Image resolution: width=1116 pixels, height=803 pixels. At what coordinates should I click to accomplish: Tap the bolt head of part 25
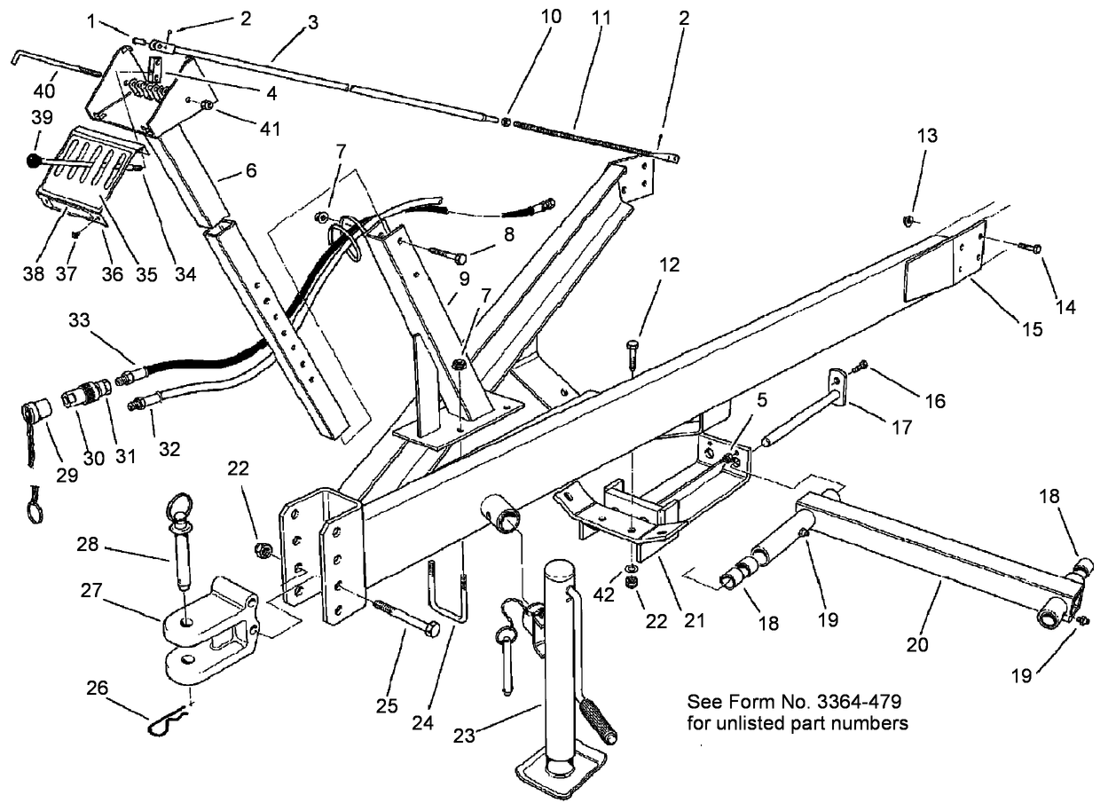coord(431,629)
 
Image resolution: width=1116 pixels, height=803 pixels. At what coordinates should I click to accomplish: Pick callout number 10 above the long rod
coord(551,17)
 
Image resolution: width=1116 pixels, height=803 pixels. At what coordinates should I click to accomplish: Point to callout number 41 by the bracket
coord(270,130)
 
